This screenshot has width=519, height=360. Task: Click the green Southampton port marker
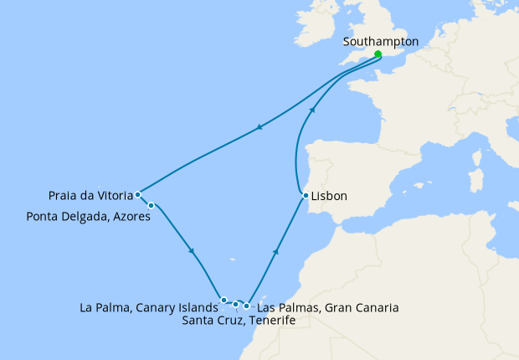378,54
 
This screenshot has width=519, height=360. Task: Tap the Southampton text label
381,40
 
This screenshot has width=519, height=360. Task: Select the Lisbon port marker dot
306,197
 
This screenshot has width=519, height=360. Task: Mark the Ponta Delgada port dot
151,205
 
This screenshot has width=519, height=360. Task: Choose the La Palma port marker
224,300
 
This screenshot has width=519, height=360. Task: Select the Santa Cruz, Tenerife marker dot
236,304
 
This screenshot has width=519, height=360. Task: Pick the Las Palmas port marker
246,306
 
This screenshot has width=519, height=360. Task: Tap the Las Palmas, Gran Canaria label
327,307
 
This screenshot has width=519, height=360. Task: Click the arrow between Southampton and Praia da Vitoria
259,128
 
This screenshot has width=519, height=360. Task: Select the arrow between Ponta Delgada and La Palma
193,250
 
